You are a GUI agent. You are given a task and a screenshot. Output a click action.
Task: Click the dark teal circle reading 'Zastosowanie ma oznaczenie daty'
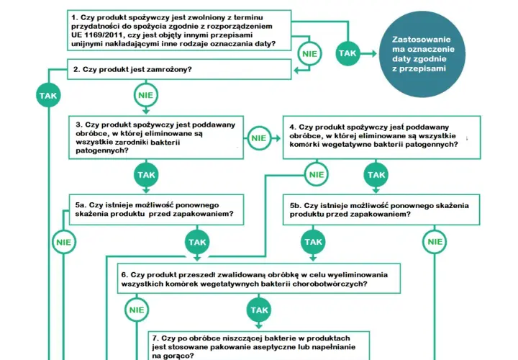422,54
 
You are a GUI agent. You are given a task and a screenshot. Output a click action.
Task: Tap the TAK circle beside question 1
347,53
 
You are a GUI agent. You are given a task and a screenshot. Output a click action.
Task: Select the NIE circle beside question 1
309,53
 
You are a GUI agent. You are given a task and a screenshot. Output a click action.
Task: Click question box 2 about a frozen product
179,69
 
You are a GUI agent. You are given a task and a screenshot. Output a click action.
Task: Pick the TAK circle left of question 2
48,96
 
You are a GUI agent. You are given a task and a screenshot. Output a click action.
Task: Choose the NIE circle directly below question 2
145,95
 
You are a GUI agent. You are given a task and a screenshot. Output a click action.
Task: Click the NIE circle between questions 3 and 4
259,138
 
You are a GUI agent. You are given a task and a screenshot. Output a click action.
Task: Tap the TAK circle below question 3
146,174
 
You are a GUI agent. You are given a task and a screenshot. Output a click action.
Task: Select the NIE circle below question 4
317,174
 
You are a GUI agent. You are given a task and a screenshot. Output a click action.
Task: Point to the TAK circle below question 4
376,174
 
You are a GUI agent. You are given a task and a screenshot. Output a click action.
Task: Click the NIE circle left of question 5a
64,242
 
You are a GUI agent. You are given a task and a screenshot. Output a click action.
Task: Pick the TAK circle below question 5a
197,242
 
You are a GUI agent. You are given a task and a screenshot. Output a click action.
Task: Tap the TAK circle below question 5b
313,242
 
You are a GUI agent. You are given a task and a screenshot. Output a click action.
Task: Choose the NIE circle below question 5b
435,242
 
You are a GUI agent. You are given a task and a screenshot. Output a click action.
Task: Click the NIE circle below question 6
137,310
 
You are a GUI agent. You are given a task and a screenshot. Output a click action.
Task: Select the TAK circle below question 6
259,310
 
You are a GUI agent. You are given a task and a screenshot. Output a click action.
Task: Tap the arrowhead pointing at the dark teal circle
374,53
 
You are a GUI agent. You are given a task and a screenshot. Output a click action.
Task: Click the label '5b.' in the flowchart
296,205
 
